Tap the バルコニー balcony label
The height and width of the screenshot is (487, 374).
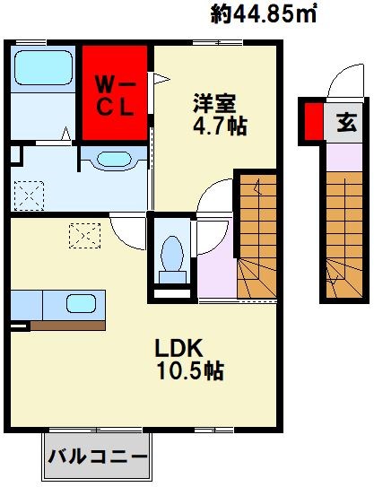98,457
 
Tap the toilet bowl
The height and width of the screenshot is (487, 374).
170,256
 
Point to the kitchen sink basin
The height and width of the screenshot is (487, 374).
82,305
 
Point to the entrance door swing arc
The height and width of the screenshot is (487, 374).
343,85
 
